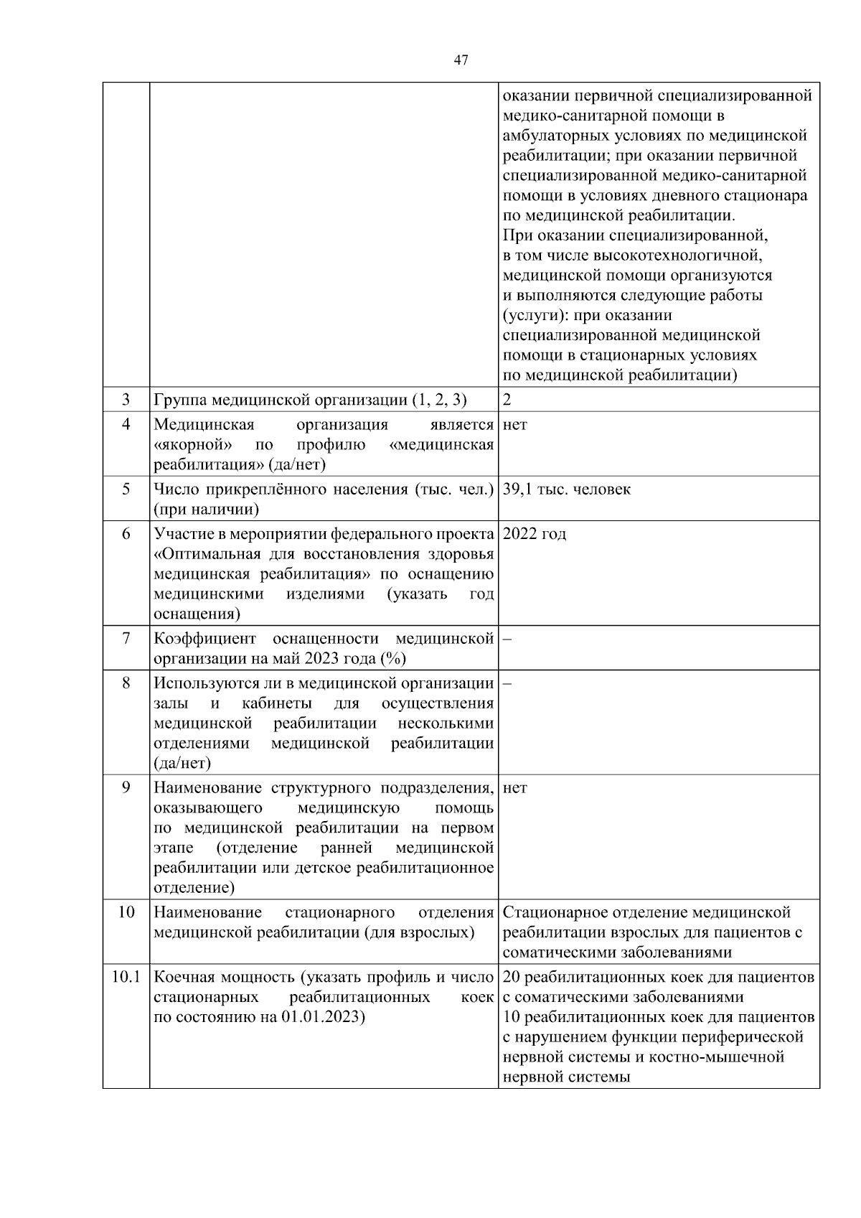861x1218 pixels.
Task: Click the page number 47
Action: click(461, 60)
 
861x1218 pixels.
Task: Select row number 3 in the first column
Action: click(126, 399)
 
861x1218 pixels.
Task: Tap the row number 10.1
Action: click(126, 977)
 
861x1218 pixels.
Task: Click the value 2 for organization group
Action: click(507, 400)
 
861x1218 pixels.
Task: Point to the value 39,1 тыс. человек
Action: click(567, 489)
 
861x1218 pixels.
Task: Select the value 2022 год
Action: click(535, 534)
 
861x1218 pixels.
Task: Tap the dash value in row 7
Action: click(506, 639)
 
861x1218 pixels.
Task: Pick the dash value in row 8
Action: click(506, 683)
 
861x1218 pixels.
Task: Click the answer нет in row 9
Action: click(515, 788)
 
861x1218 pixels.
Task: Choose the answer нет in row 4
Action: click(515, 425)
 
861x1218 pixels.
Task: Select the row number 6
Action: click(126, 534)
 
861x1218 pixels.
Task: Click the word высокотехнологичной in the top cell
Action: click(677, 256)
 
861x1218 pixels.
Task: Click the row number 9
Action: click(126, 788)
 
